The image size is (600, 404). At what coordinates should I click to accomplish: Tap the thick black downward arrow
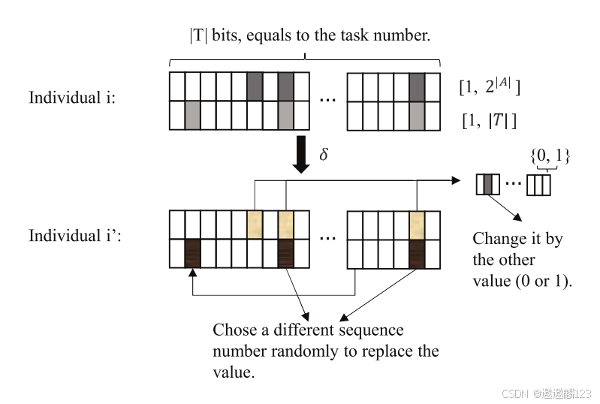tap(301, 154)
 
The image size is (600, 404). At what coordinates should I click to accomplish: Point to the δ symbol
tap(324, 153)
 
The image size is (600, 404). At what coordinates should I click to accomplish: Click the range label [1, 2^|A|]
tap(490, 87)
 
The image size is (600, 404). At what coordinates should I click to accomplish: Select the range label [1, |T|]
tap(488, 119)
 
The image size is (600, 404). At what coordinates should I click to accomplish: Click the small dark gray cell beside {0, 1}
tap(487, 183)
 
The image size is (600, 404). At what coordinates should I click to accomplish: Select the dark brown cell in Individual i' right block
tap(418, 253)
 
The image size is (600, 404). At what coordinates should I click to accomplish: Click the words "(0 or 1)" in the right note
tap(541, 281)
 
